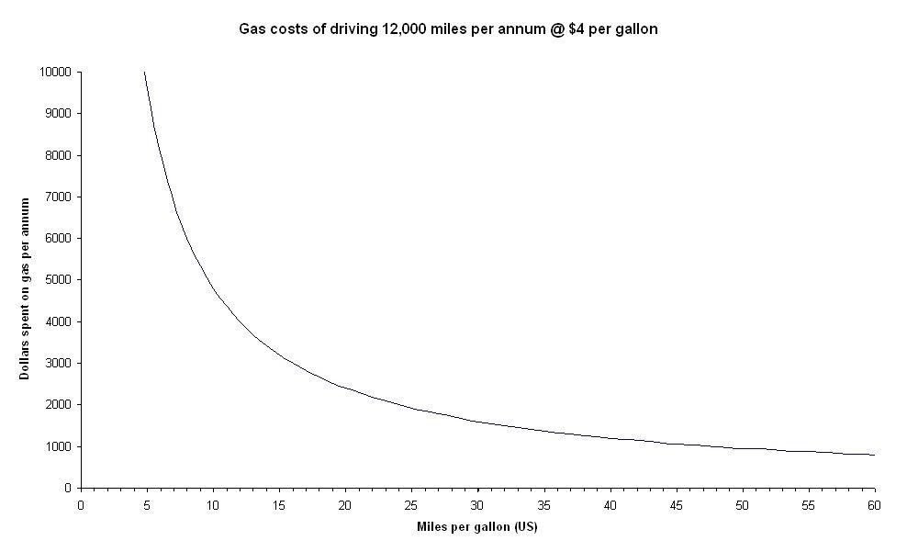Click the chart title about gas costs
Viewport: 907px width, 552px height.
pos(448,29)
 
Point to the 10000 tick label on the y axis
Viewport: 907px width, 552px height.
pos(56,72)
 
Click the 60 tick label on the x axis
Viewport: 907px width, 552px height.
pos(874,504)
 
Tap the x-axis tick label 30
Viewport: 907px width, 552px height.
pos(477,504)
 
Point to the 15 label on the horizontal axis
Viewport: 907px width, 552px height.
pos(279,504)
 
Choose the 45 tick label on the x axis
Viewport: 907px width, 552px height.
pos(676,504)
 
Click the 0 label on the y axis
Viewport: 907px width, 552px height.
pos(67,488)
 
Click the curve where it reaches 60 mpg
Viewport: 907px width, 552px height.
pos(874,455)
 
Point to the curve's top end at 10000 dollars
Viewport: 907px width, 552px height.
pos(144,72)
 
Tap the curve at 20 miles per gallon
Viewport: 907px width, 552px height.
pos(345,389)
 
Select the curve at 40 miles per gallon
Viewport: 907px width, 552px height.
pos(610,438)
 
